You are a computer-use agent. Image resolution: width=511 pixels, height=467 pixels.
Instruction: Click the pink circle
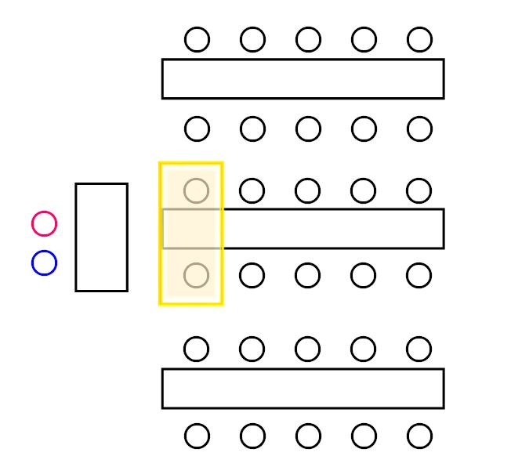pyautogui.click(x=45, y=224)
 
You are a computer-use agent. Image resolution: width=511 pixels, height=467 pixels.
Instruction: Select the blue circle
pyautogui.click(x=45, y=262)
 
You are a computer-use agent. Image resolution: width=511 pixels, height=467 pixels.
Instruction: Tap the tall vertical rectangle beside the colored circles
pyautogui.click(x=101, y=237)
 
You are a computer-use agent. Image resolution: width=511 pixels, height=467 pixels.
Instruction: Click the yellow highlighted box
pyautogui.click(x=191, y=233)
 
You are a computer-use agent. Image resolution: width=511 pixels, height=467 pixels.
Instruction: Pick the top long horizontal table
pyautogui.click(x=303, y=78)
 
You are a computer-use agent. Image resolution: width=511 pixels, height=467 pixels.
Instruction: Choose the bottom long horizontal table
pyautogui.click(x=303, y=388)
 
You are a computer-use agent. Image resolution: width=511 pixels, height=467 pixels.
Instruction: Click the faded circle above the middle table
pyautogui.click(x=197, y=190)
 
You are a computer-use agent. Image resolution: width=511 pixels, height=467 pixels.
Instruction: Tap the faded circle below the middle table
pyautogui.click(x=197, y=276)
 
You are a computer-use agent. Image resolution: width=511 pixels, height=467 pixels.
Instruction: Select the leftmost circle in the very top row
pyautogui.click(x=198, y=39)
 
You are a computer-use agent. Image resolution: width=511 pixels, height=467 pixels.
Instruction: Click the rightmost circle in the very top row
pyautogui.click(x=419, y=39)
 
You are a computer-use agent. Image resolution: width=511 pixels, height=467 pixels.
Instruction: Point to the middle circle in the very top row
pyautogui.click(x=308, y=39)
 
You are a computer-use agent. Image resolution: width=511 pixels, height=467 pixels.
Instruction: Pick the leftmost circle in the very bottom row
pyautogui.click(x=198, y=436)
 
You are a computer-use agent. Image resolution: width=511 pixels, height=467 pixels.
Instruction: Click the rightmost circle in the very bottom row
pyautogui.click(x=419, y=436)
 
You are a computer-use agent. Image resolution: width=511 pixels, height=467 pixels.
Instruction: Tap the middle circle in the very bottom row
pyautogui.click(x=308, y=436)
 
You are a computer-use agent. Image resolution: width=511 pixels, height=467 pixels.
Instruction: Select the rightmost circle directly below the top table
pyautogui.click(x=419, y=129)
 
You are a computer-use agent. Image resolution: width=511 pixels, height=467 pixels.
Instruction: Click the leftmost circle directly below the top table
pyautogui.click(x=198, y=129)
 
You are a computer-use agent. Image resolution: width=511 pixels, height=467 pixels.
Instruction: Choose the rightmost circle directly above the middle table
pyautogui.click(x=419, y=190)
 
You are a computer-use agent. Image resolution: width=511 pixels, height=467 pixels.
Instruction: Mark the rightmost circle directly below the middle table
pyautogui.click(x=419, y=276)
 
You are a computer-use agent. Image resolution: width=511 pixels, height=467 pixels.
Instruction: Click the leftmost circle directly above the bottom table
pyautogui.click(x=197, y=349)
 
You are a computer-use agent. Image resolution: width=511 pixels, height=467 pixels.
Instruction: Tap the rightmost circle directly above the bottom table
pyautogui.click(x=419, y=349)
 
